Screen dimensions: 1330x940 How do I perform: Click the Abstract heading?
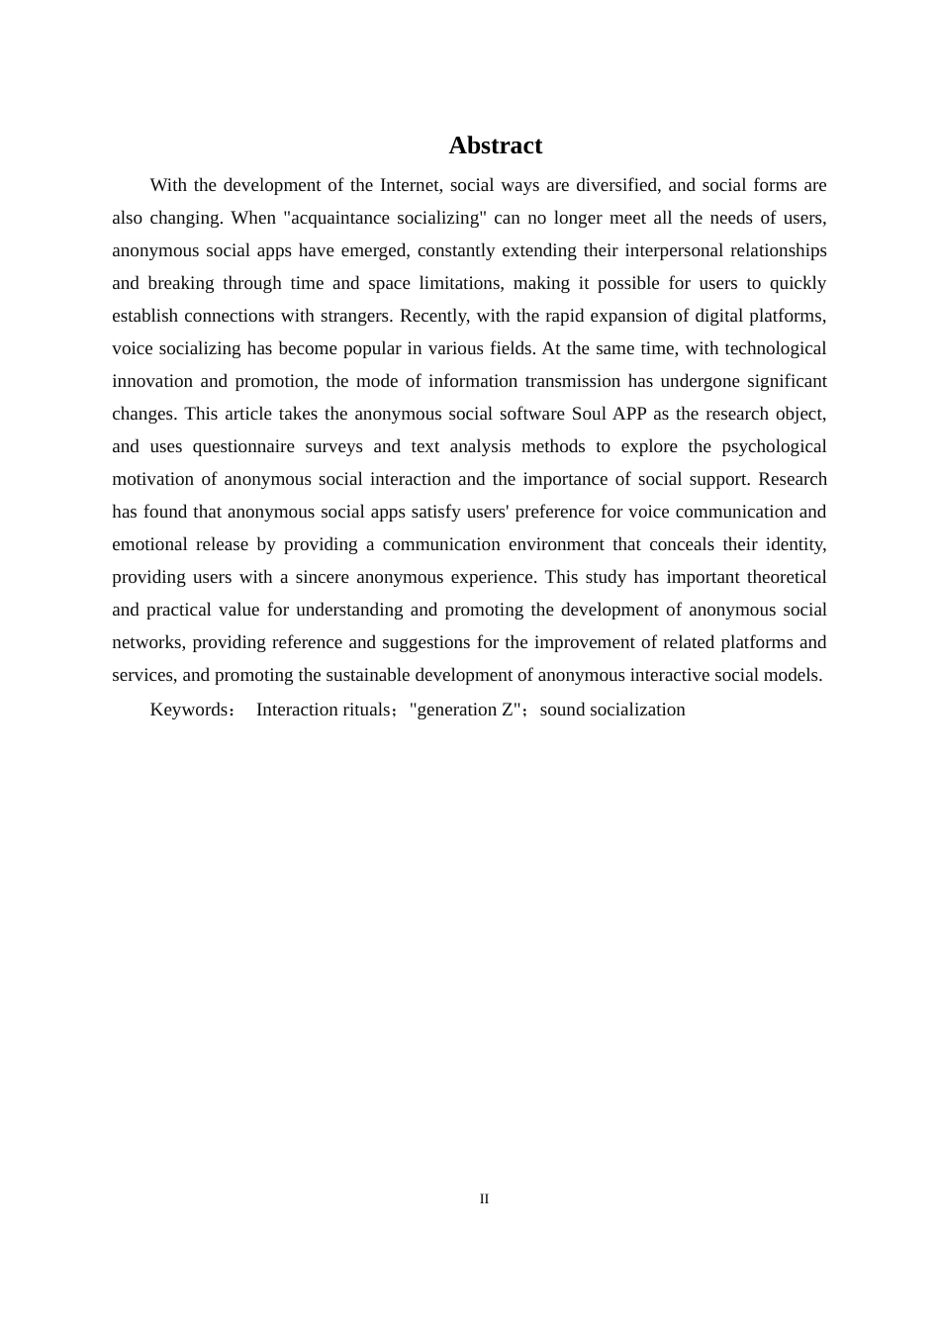tap(495, 145)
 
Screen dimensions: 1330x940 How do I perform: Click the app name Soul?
tap(589, 414)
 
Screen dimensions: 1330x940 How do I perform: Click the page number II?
tap(484, 1198)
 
